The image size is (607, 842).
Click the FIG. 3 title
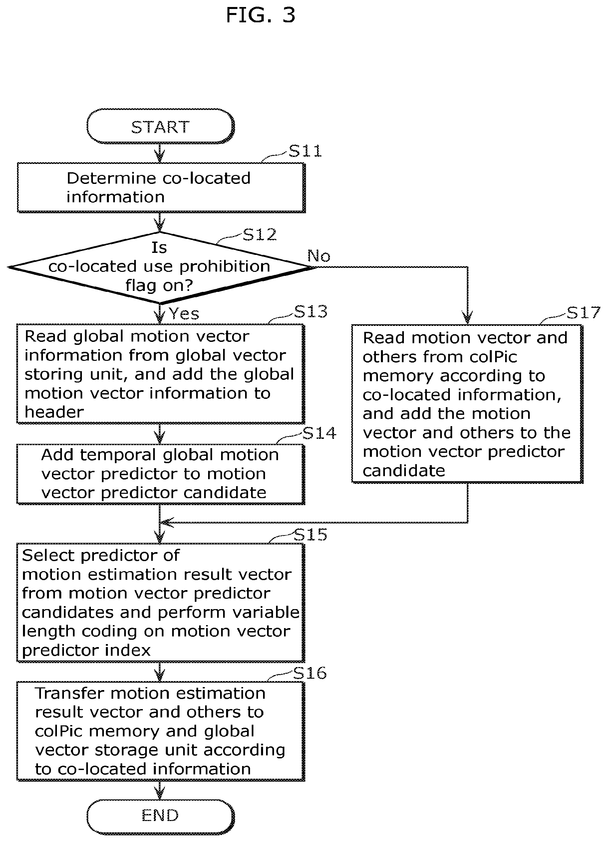260,15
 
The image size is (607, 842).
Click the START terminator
160,126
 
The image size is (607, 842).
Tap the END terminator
160,815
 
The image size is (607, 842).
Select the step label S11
305,151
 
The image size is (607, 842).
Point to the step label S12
260,235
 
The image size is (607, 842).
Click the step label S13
311,312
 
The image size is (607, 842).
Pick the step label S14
319,433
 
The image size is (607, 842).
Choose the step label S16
310,673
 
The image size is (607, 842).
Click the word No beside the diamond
319,256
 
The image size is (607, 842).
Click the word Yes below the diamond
184,314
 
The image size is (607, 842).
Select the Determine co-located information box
161,188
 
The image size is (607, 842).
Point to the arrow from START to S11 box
159,153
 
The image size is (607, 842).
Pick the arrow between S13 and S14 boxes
159,434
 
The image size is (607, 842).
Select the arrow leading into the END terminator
159,790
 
